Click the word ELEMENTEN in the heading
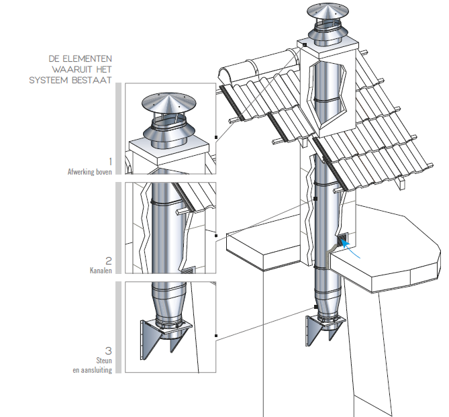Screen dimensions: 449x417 click(87, 59)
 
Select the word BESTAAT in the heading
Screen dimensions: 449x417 click(92, 81)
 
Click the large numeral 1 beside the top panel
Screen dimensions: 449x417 click(110, 162)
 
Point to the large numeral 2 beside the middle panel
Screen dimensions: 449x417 click(109, 261)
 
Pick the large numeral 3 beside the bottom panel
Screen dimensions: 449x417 click(109, 351)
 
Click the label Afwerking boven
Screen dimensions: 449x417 click(90, 172)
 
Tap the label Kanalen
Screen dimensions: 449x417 click(101, 271)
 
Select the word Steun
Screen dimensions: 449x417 click(104, 361)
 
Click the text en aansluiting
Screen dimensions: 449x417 click(92, 370)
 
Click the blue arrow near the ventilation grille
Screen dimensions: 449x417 click(350, 249)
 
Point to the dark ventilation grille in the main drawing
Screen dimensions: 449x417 click(343, 240)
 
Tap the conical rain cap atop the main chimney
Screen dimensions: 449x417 click(328, 11)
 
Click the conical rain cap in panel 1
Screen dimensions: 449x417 click(169, 103)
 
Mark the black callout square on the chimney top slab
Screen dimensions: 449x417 click(305, 45)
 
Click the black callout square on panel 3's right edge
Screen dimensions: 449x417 click(216, 336)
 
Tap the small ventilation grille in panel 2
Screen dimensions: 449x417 click(188, 270)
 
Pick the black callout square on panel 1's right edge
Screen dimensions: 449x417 click(216, 137)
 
